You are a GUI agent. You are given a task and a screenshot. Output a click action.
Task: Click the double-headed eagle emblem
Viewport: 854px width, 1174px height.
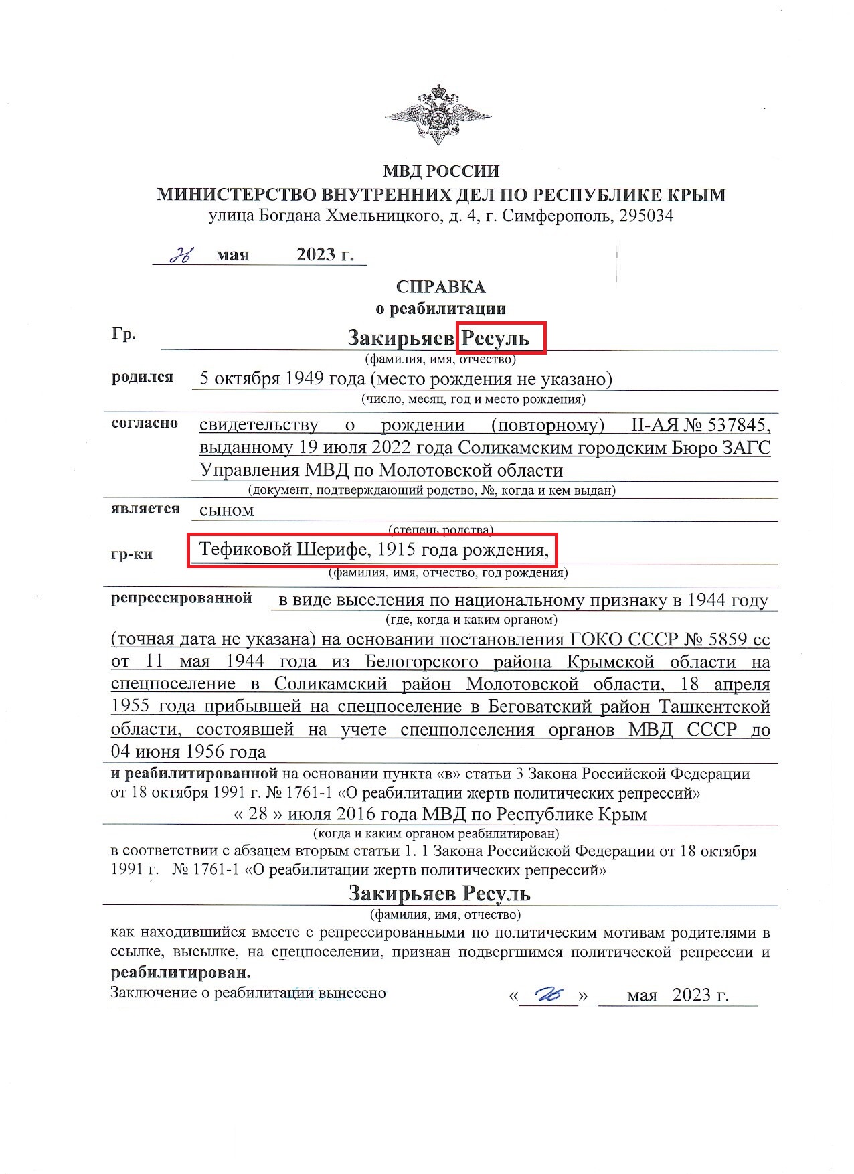tap(438, 114)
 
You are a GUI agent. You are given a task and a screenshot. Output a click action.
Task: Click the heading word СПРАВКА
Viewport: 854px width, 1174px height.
tap(440, 287)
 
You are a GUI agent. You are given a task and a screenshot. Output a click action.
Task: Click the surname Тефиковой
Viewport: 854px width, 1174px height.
tap(245, 550)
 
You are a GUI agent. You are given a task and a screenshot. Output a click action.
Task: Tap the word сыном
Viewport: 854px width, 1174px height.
tap(227, 510)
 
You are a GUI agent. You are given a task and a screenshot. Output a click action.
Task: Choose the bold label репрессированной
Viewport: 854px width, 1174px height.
tap(181, 598)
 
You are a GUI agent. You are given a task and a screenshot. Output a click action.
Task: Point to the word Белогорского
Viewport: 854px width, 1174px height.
tap(422, 662)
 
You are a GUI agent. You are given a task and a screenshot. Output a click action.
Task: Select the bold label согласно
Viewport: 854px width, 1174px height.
tap(145, 423)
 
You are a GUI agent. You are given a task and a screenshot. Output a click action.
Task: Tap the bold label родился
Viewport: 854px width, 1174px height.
tap(142, 377)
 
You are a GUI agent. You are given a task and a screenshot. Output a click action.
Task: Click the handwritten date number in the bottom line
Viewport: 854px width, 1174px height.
tap(549, 995)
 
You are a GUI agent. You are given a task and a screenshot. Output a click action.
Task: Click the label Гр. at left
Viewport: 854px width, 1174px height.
tap(124, 334)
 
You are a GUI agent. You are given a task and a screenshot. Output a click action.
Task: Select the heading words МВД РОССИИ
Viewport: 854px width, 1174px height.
tap(441, 171)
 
